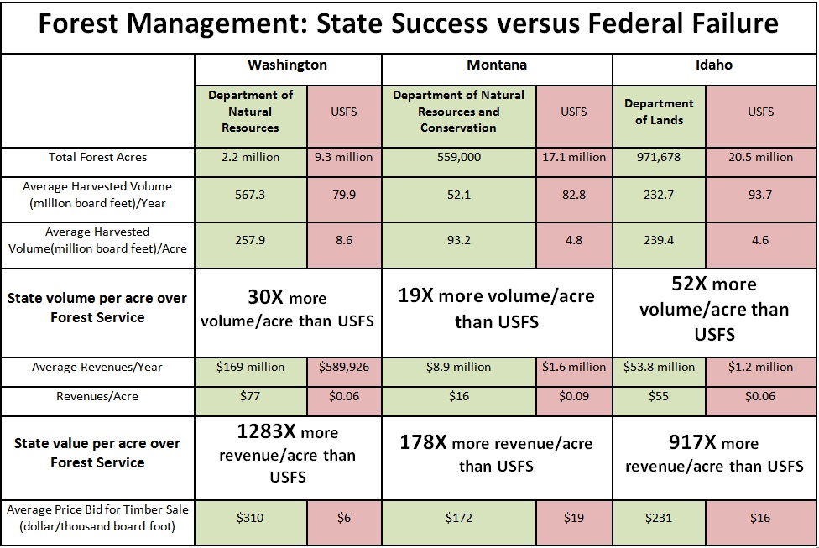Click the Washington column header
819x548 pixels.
(x=287, y=65)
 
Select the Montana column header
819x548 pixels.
(x=497, y=65)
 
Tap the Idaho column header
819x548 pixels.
(x=714, y=65)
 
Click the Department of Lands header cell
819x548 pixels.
(x=659, y=112)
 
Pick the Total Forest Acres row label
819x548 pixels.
(x=97, y=157)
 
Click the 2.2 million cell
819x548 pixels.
(x=250, y=157)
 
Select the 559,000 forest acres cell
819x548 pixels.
(x=458, y=157)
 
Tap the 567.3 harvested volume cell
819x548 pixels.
(x=250, y=194)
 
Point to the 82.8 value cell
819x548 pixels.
(x=574, y=194)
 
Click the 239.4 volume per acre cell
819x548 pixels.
(x=659, y=239)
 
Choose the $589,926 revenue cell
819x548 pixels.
(x=344, y=367)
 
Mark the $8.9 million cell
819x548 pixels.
(x=458, y=367)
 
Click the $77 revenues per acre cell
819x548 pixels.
(x=250, y=396)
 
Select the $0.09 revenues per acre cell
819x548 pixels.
(x=574, y=396)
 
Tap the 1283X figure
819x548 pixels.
(x=258, y=433)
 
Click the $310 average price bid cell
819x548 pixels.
(x=250, y=518)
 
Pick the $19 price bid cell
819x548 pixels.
(x=574, y=518)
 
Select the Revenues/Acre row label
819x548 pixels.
(x=97, y=396)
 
